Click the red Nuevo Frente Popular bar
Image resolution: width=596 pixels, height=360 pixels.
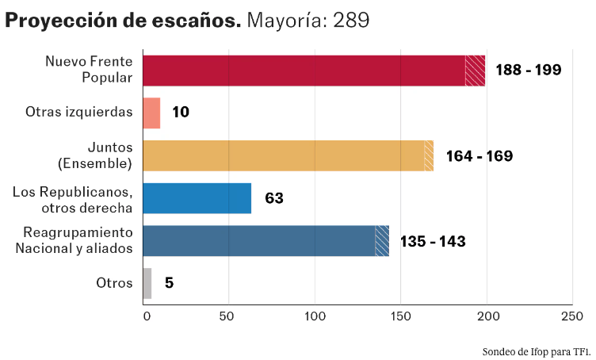[313, 71]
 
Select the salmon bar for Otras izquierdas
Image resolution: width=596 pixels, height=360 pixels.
[151, 113]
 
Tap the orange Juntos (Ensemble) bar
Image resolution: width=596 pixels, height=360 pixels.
[288, 155]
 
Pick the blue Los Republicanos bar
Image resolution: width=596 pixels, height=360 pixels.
[197, 198]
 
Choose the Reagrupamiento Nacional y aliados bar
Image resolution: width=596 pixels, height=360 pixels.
[266, 241]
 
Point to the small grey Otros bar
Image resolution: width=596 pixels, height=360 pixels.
[147, 283]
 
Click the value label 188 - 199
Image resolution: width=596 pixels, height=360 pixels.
[528, 70]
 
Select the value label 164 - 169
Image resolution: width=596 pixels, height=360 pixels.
[479, 156]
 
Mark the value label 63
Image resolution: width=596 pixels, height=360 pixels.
[274, 198]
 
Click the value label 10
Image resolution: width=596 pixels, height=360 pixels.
[181, 113]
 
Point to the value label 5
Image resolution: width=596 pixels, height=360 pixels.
[170, 283]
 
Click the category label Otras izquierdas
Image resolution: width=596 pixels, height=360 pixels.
[78, 112]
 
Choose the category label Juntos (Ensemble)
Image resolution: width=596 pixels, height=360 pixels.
[94, 155]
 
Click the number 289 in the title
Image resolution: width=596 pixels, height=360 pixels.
[350, 20]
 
